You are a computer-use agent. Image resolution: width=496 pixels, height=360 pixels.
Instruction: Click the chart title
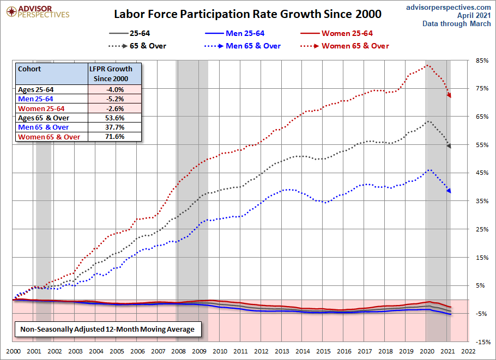247,14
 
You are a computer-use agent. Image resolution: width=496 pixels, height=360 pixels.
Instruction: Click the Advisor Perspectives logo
36,11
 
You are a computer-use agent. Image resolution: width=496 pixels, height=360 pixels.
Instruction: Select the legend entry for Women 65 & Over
355,46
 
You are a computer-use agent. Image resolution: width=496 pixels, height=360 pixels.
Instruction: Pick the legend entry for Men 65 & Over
252,46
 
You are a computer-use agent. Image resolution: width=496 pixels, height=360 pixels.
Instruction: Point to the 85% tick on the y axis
481,60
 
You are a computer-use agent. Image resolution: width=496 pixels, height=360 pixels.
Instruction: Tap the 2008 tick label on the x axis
178,351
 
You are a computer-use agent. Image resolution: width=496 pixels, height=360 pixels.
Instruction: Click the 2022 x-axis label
467,351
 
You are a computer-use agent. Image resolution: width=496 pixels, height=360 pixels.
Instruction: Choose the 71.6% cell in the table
114,137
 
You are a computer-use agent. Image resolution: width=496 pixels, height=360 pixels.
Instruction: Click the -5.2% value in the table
114,99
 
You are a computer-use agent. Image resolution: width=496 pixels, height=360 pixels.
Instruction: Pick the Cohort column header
29,69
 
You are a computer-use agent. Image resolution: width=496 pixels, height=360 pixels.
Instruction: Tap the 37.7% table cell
114,127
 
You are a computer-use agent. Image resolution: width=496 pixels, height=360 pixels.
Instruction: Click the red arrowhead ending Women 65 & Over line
449,96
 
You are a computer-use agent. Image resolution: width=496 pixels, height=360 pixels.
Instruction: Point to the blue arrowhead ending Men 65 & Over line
449,191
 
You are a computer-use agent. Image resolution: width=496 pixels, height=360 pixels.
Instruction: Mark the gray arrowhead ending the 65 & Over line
449,145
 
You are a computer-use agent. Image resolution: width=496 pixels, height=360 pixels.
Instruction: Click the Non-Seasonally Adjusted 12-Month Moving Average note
107,330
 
